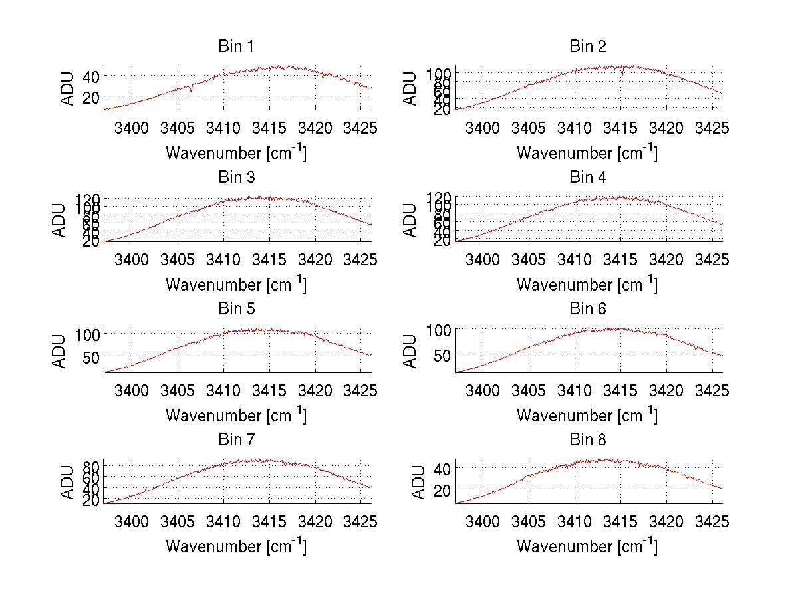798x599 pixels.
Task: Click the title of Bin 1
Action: click(x=236, y=47)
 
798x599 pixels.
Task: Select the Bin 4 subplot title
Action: click(x=588, y=178)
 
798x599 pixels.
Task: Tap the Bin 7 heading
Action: click(x=236, y=440)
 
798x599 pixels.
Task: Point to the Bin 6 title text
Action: click(x=588, y=309)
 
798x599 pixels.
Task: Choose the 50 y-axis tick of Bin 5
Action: click(x=90, y=356)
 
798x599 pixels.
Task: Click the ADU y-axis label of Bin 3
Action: click(x=60, y=219)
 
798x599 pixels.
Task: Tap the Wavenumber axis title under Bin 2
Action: click(x=587, y=152)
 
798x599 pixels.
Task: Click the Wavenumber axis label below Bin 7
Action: click(x=236, y=546)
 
